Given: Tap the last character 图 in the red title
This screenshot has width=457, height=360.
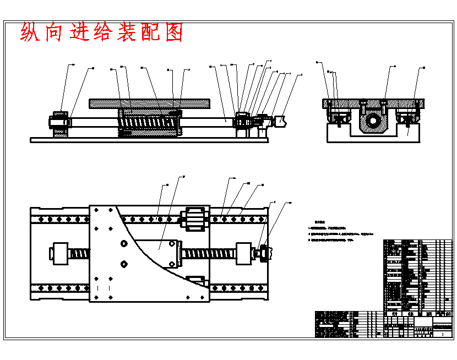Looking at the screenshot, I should click(x=173, y=33).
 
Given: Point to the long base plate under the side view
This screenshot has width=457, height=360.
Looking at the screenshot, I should click(x=149, y=140).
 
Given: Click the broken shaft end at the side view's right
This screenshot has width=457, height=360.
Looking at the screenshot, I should click(x=280, y=121).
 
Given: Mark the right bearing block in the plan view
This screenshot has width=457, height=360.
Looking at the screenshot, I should click(x=244, y=254).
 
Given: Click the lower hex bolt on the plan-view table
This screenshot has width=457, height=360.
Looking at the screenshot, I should click(x=123, y=264).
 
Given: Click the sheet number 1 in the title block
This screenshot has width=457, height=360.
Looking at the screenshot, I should click(x=443, y=334).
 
